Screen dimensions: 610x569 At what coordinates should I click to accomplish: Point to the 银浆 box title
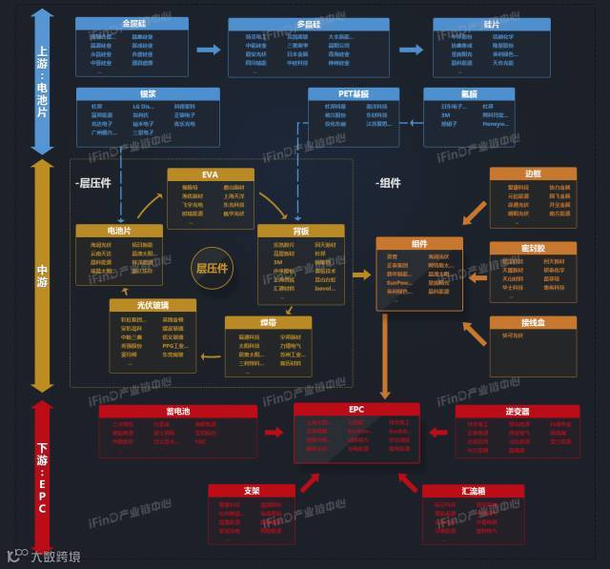click(x=148, y=93)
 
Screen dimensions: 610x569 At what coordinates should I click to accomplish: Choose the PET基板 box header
click(x=354, y=93)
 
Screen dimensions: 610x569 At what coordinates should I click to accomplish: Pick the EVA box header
click(x=210, y=175)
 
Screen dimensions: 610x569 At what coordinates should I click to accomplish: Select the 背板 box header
click(x=301, y=231)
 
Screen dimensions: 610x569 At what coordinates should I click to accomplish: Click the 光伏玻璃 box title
click(x=153, y=304)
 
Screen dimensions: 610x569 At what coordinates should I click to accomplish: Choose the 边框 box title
click(x=533, y=174)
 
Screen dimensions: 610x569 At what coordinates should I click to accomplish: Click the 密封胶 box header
click(x=533, y=248)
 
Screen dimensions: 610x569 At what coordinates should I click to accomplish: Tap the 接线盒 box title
click(x=533, y=322)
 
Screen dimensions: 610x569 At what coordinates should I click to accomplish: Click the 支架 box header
click(x=252, y=491)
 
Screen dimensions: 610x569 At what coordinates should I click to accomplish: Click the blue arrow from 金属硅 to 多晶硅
click(x=207, y=50)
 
